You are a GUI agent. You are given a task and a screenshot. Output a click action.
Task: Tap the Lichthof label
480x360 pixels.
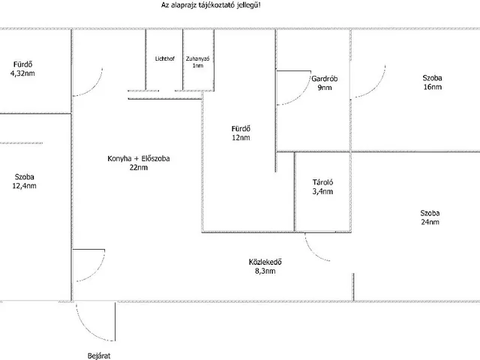tap(164, 58)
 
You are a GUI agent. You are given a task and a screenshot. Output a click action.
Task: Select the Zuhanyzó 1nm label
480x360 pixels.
tap(197, 62)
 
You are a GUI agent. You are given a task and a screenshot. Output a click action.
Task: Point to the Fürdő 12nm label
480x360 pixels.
tap(241, 133)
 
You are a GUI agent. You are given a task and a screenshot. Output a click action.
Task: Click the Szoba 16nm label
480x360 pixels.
tap(432, 82)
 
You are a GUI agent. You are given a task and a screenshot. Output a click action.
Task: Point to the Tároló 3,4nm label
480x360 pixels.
tap(322, 187)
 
